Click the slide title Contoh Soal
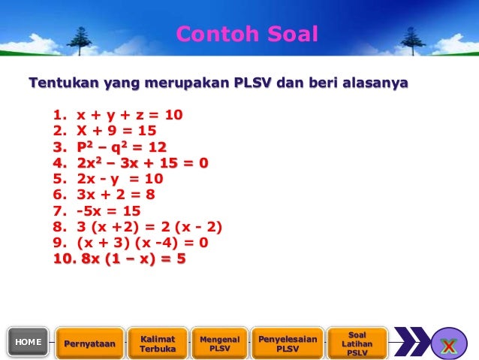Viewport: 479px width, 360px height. (x=247, y=34)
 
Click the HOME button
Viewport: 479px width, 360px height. (x=29, y=342)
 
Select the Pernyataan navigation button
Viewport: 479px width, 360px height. (x=89, y=343)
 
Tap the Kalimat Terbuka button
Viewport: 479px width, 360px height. (x=158, y=343)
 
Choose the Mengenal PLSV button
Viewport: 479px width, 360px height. (x=219, y=343)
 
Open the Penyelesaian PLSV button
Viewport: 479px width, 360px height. (x=288, y=343)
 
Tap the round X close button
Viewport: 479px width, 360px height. (x=448, y=344)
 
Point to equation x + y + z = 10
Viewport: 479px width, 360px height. (x=128, y=116)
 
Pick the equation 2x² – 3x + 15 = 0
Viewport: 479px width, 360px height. (x=141, y=162)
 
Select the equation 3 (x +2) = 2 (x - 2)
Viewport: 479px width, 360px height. (x=149, y=227)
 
